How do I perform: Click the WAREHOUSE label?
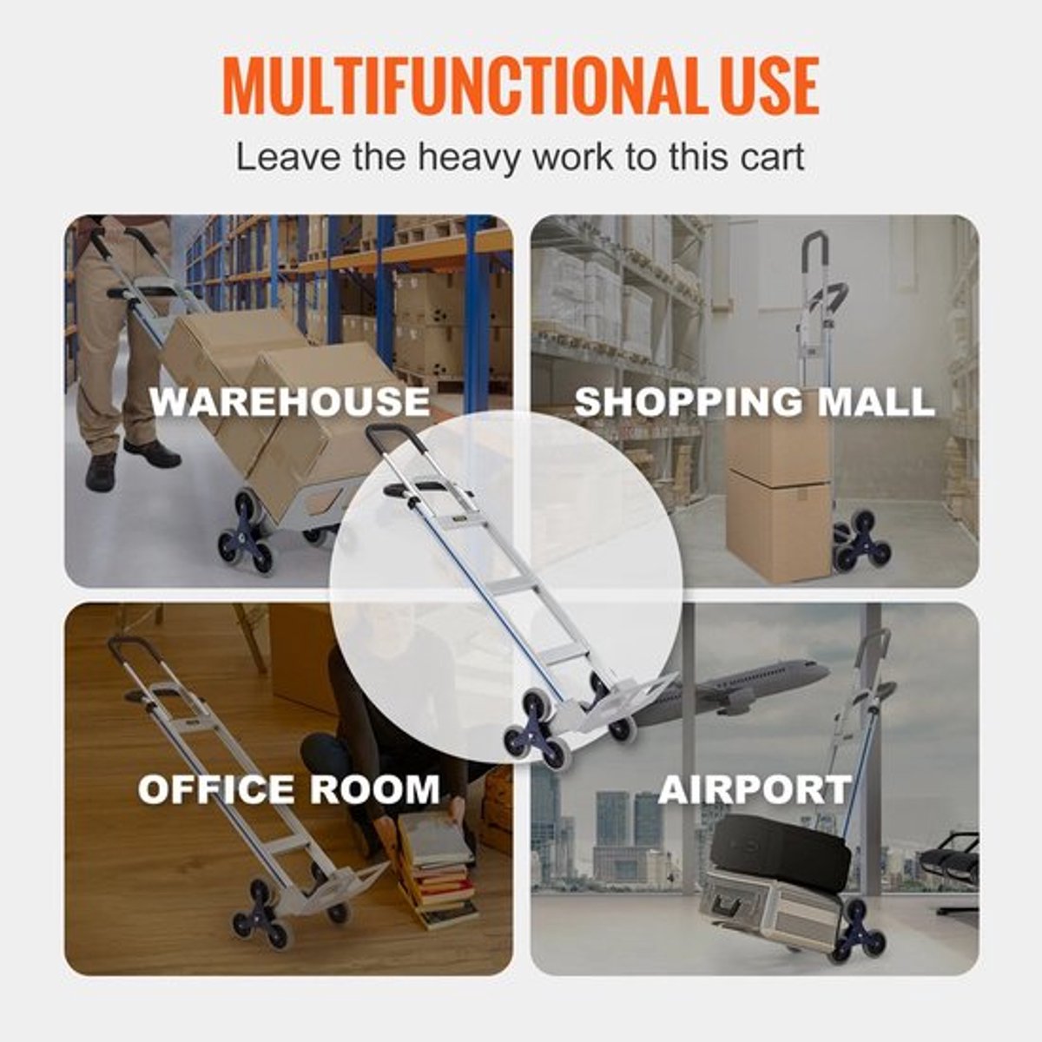290,401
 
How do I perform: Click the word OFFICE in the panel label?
217,789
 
